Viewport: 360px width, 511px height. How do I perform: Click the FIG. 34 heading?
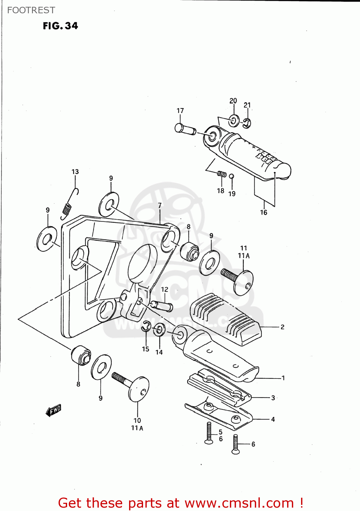60,26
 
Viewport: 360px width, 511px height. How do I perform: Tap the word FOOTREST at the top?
31,10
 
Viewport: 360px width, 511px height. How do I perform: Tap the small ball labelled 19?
231,176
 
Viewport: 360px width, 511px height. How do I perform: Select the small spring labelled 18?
222,174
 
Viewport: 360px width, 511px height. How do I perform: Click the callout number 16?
264,213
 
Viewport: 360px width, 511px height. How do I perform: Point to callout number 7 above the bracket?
160,205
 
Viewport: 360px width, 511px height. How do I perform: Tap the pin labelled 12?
162,305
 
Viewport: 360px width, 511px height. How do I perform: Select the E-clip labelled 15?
146,326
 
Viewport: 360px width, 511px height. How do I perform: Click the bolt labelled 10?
131,386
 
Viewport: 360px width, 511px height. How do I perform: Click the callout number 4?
273,419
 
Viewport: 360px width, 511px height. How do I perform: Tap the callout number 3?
273,398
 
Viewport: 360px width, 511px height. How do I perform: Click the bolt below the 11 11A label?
237,279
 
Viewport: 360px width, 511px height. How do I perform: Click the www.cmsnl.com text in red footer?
239,503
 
